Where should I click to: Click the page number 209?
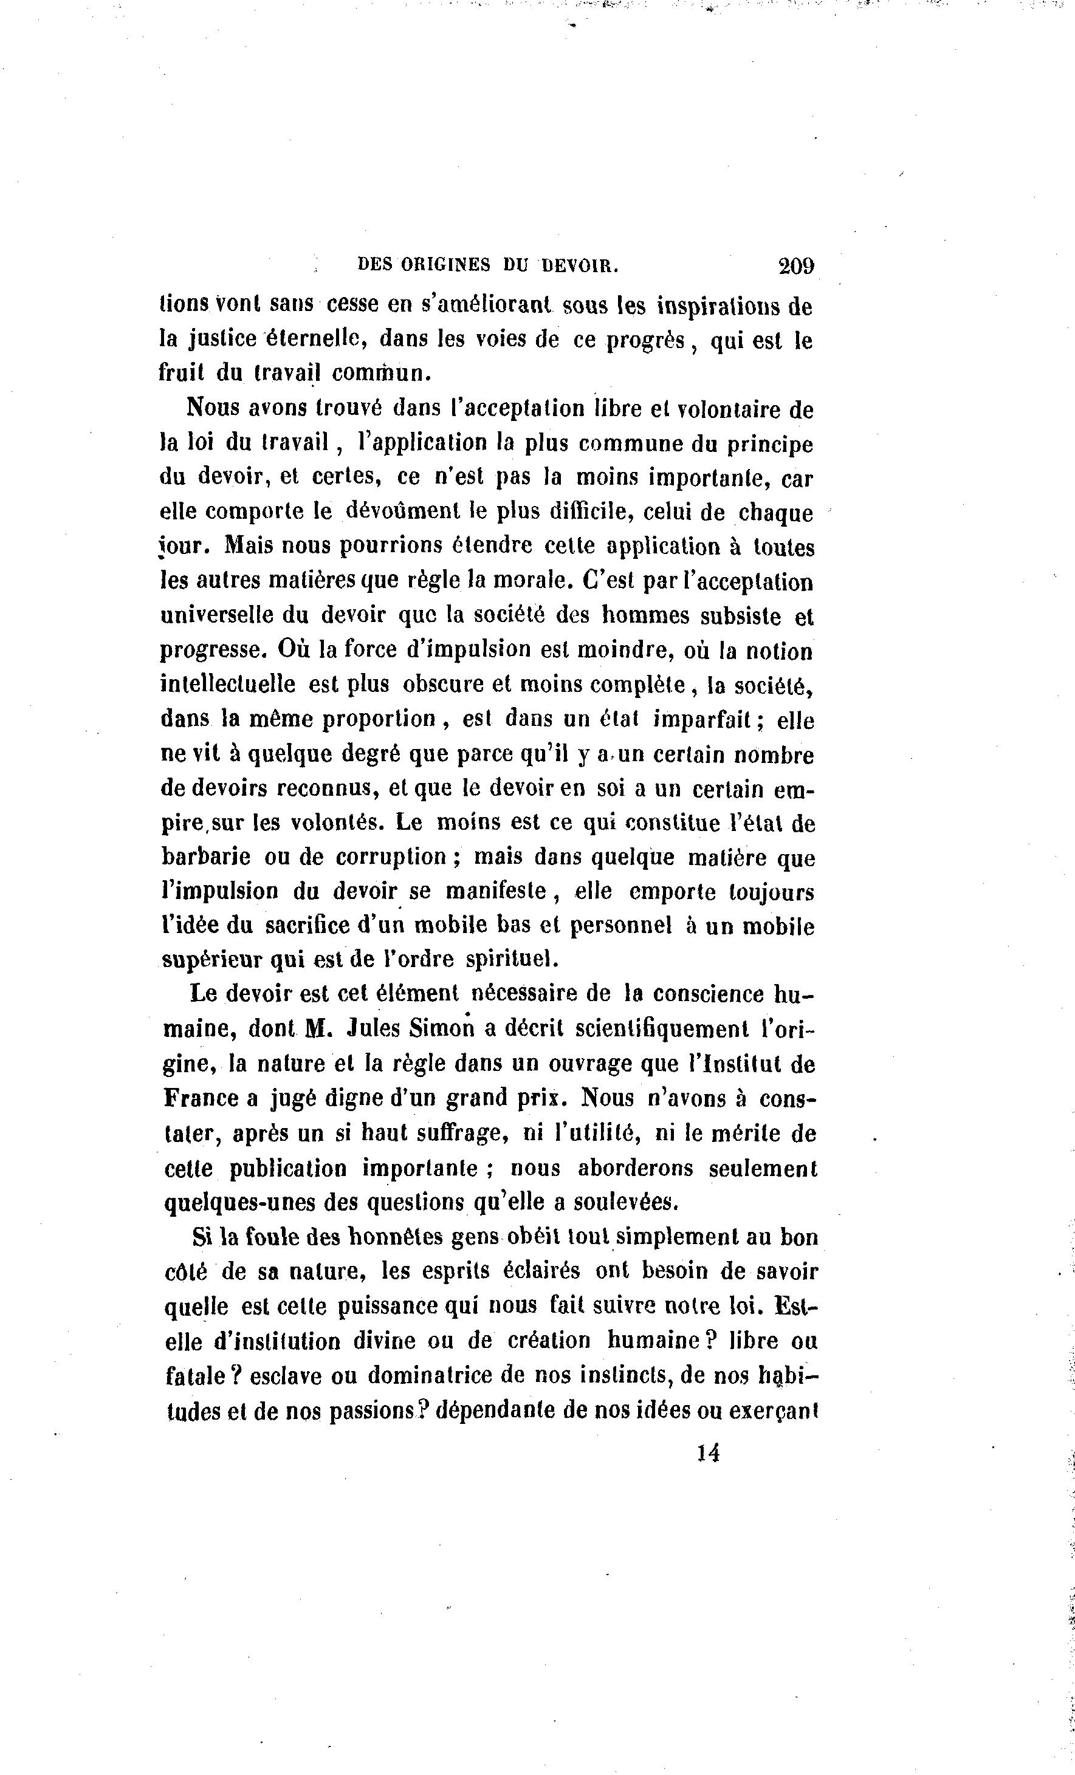tap(795, 266)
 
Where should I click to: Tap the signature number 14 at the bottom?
tap(709, 1453)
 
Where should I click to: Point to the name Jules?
tap(373, 1028)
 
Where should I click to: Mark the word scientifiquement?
tap(662, 1028)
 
